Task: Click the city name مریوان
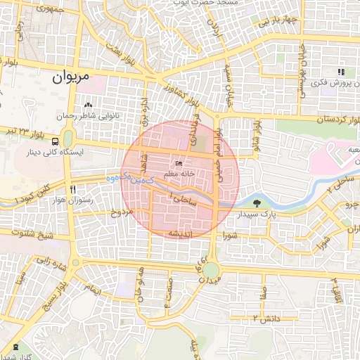tap(72, 79)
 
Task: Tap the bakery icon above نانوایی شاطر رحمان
tap(88, 105)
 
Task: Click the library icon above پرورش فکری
tap(341, 72)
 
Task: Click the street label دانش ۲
tap(266, 319)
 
